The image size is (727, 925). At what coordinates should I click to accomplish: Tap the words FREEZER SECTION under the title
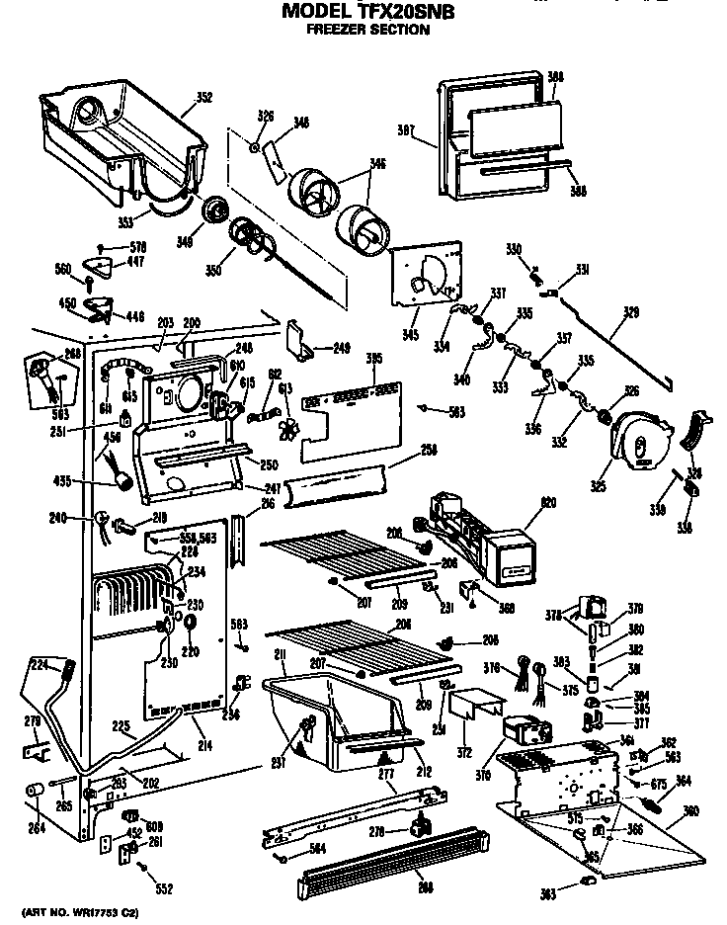coord(366,30)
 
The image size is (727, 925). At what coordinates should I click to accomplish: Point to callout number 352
coord(204,97)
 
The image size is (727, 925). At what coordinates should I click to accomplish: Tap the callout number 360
coord(690,811)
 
